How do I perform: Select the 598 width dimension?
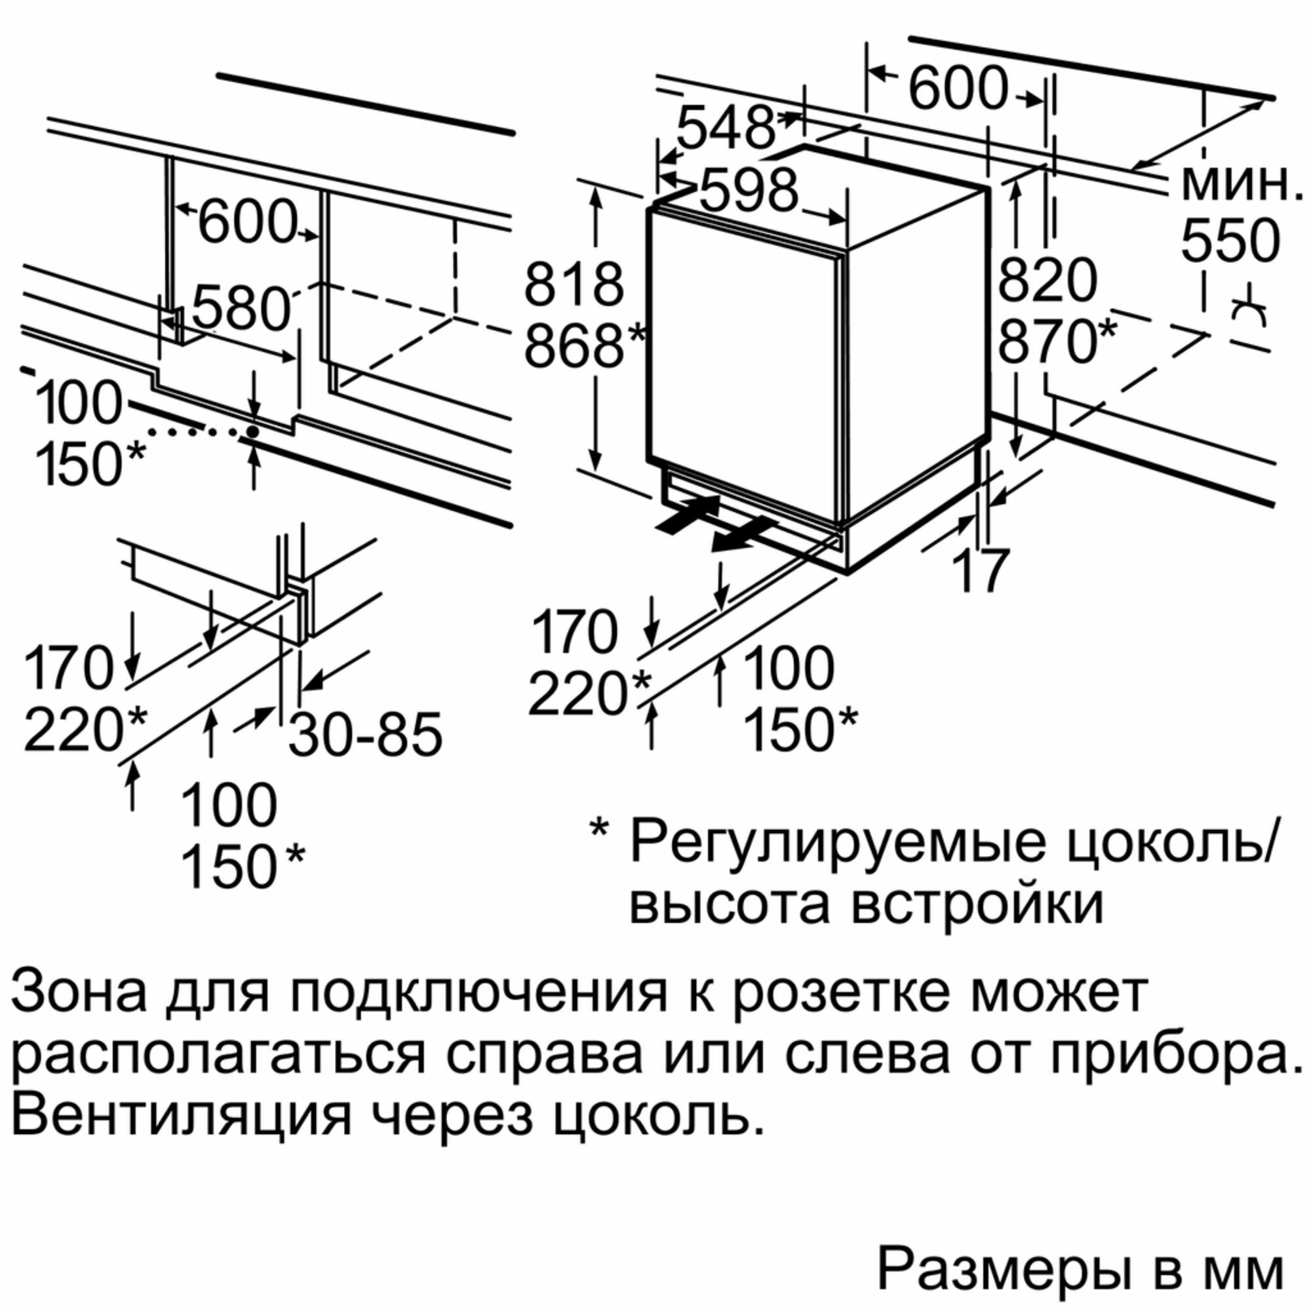[x=749, y=191]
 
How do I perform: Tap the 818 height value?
[x=574, y=285]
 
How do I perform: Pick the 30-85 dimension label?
[x=365, y=735]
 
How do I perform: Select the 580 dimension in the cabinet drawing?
[x=241, y=309]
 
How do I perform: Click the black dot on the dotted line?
[x=252, y=431]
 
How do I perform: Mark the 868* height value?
[x=583, y=344]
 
